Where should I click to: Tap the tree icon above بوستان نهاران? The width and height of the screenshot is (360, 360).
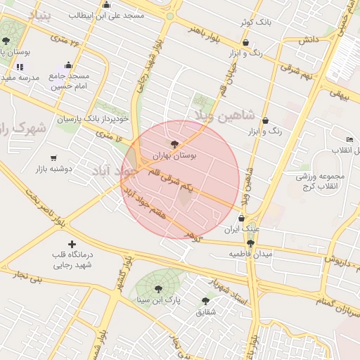tap(174, 143)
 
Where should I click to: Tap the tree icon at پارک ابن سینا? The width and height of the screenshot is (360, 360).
tap(157, 288)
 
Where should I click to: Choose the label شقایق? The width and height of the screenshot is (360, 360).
tap(205, 311)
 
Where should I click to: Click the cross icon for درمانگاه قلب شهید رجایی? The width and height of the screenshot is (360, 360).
tap(72, 244)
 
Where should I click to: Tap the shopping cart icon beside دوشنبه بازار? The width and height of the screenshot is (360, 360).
tap(54, 157)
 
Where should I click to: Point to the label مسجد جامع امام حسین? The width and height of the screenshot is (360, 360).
tap(69, 80)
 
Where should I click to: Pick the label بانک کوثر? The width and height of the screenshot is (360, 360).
tap(255, 22)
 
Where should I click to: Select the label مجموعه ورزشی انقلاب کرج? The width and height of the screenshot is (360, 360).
tap(316, 181)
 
